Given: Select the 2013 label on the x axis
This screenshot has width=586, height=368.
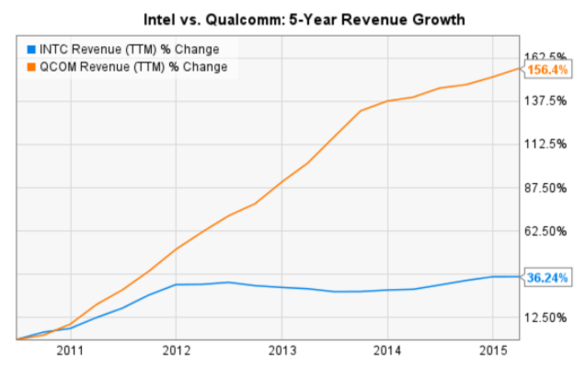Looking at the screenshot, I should coord(282,350).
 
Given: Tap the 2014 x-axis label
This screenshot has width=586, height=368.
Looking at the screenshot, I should coord(387,350).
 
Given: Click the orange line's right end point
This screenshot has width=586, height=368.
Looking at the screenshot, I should coord(520,69).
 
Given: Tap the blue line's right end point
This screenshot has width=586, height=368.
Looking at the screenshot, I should coord(520,276).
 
